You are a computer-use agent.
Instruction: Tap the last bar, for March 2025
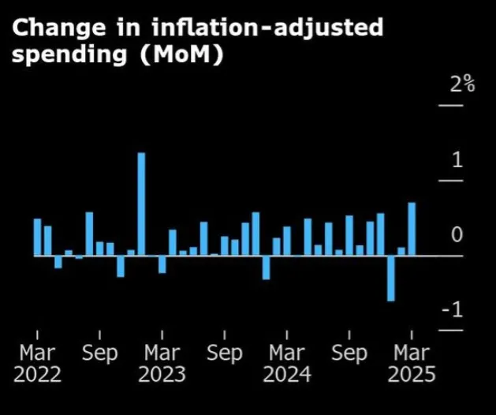412,229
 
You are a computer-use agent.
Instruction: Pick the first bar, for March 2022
37,237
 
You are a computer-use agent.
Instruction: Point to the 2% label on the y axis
462,84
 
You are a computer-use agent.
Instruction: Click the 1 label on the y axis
457,161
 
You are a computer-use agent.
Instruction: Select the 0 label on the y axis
457,236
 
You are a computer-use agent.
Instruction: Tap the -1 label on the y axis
453,311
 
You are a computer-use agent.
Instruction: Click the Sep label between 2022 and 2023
99,353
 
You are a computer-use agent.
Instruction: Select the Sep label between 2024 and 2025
349,353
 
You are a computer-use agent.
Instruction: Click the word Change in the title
58,29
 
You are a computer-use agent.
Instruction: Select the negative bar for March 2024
267,267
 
